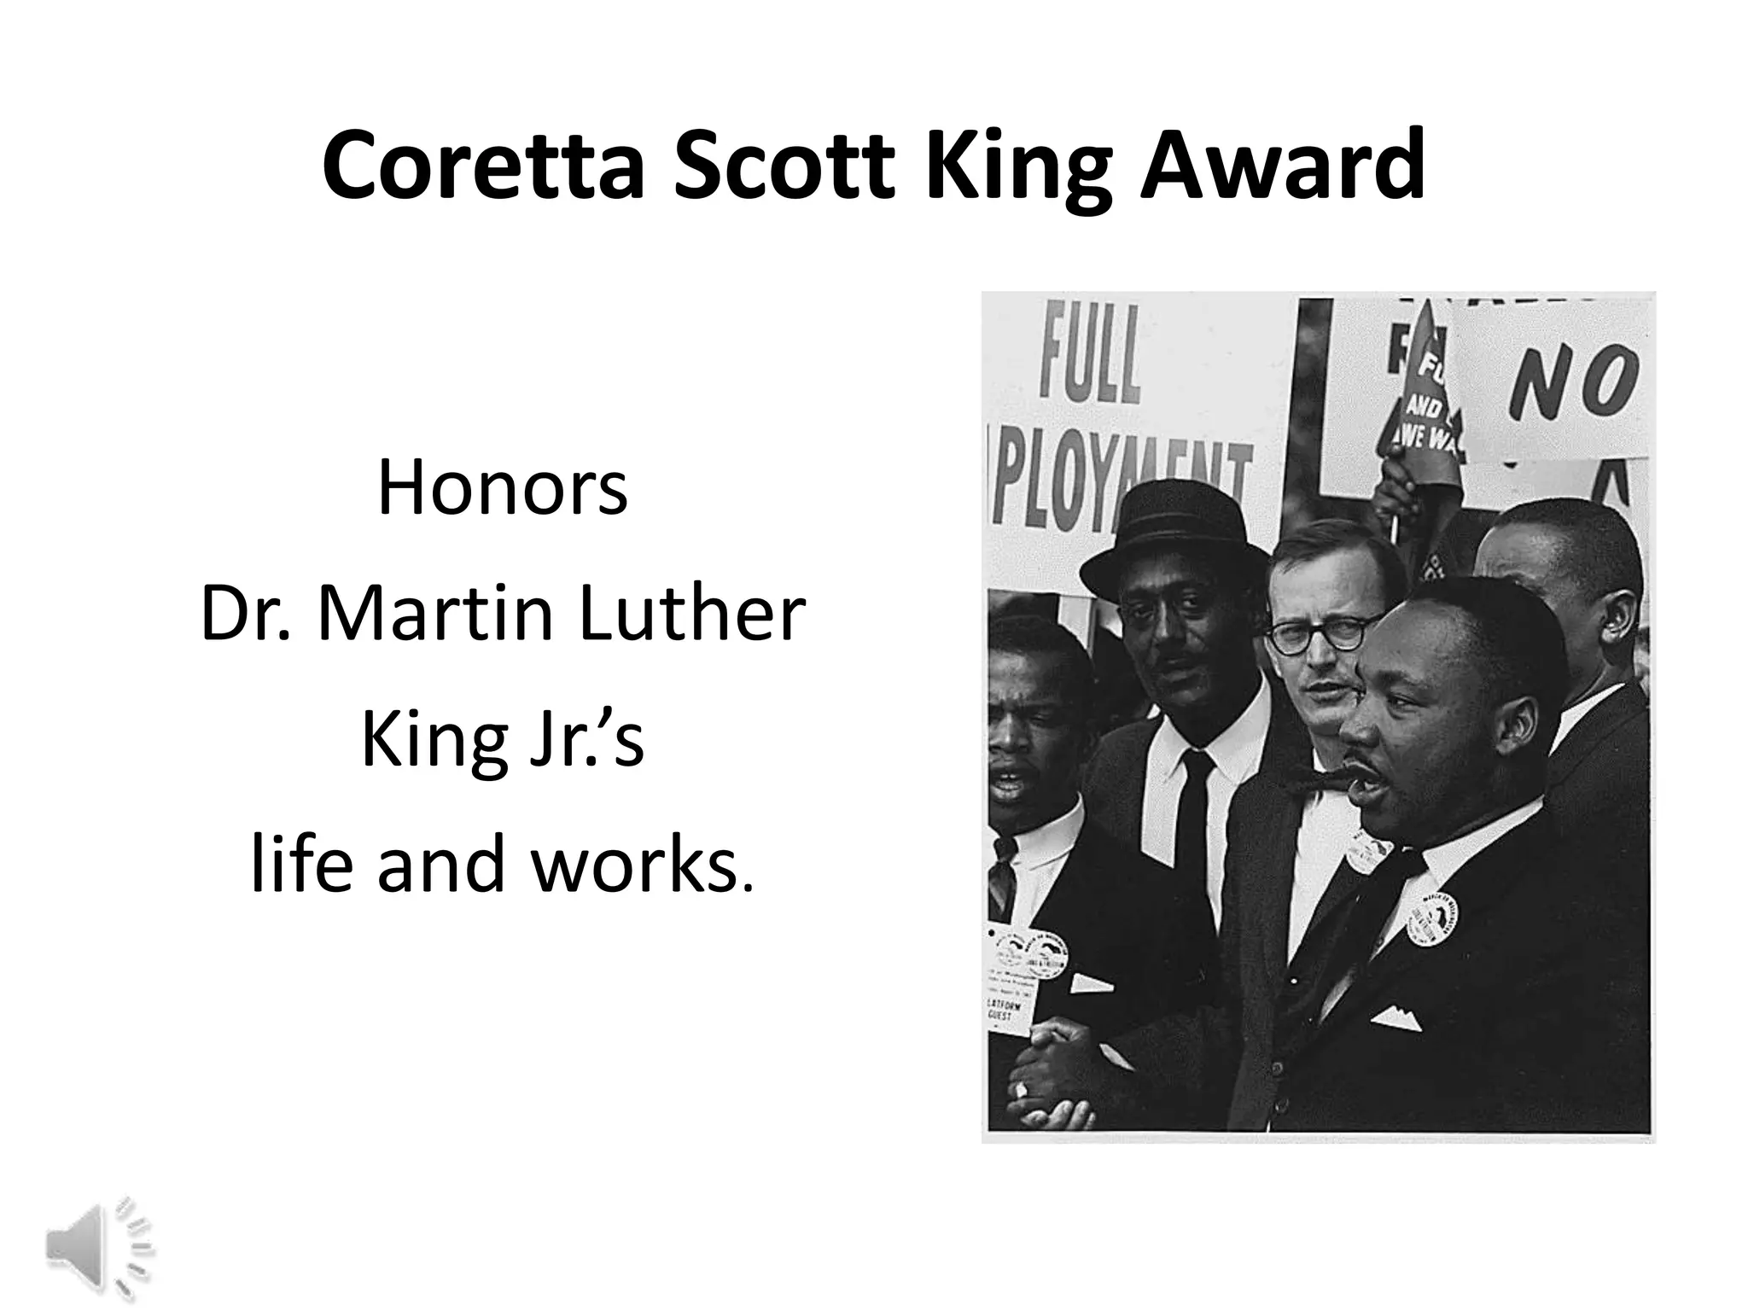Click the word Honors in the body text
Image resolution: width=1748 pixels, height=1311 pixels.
coord(503,490)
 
